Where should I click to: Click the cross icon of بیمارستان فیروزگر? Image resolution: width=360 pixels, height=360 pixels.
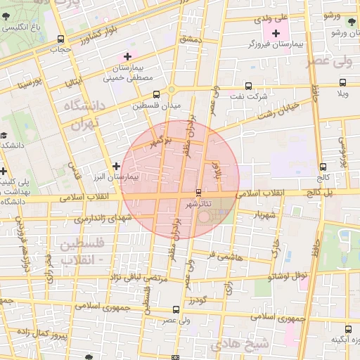pos(275,33)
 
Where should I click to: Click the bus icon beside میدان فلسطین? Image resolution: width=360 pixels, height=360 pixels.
pos(155,94)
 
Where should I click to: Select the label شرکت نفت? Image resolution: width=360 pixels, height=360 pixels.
pos(252,95)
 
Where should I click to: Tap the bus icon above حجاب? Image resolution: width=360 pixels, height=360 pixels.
pos(60,39)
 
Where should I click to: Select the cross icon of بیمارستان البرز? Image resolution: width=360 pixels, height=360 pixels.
pos(116,167)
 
